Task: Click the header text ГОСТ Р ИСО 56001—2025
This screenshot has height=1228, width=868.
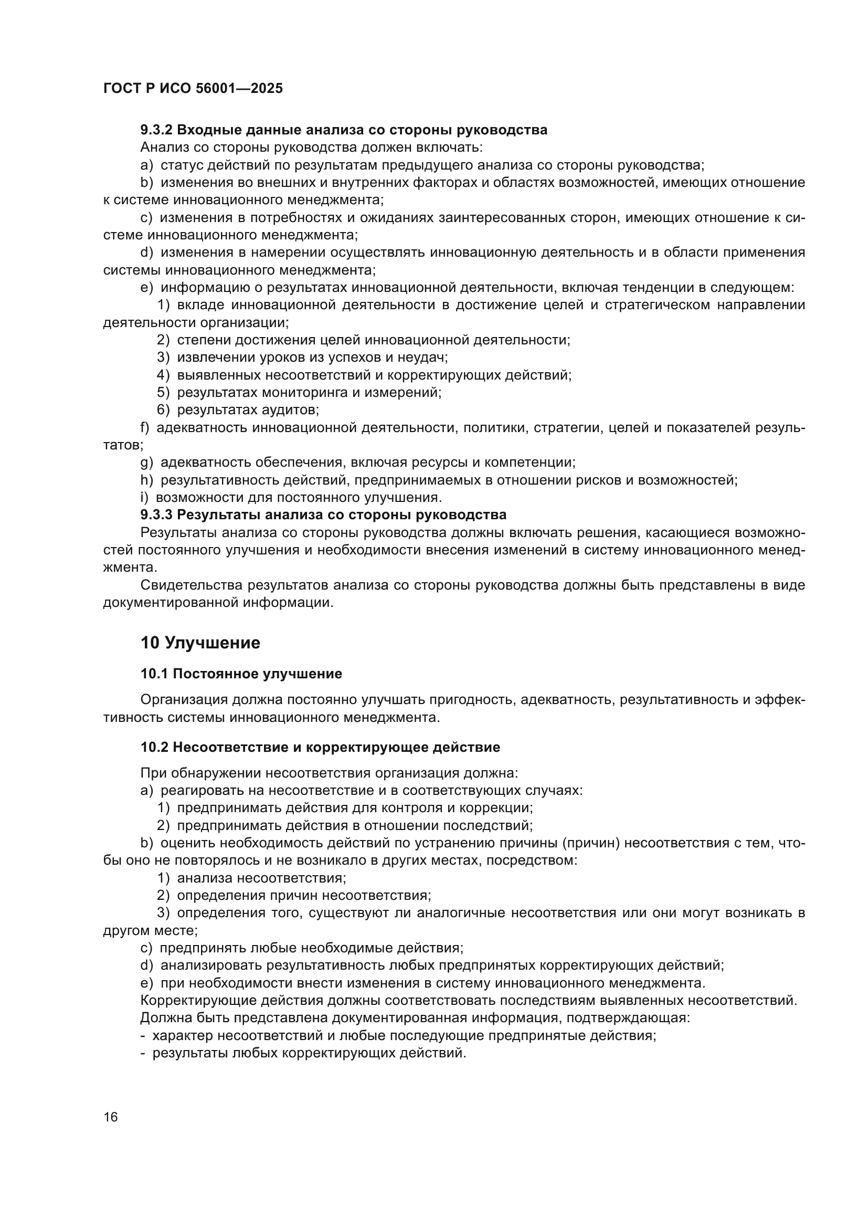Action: (193, 88)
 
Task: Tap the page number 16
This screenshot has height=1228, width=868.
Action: (111, 1117)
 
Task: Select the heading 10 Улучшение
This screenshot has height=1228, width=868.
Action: (200, 642)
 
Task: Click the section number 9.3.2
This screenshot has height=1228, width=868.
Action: (156, 130)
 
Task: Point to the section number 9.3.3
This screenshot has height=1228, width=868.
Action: (156, 515)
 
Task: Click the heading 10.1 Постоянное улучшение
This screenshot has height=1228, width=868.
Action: (241, 674)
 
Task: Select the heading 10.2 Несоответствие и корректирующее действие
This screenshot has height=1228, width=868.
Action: (320, 747)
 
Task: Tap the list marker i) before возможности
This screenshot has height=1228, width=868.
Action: (144, 497)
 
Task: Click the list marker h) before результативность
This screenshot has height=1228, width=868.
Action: (146, 480)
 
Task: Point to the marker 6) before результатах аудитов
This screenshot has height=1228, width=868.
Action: (163, 410)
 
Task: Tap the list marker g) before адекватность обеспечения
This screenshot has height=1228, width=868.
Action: (146, 463)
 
